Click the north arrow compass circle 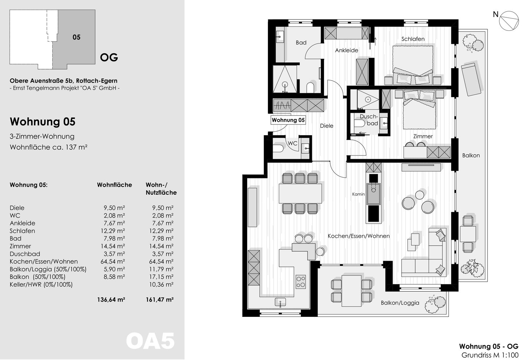tap(509, 21)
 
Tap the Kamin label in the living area tap(358, 194)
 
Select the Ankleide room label tap(347, 50)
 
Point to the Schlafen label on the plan tap(413, 39)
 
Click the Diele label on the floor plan tap(327, 126)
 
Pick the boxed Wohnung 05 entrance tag tap(288, 120)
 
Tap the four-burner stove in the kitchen tap(301, 282)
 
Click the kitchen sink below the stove tap(280, 302)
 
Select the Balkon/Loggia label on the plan tap(400, 303)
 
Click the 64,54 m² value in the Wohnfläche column tap(113, 261)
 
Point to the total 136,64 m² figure tap(111, 299)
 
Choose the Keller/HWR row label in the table tap(41, 285)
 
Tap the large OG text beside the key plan tap(109, 57)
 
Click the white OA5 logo tap(150, 341)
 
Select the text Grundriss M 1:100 tap(490, 355)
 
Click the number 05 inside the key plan tap(76, 37)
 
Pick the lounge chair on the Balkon tap(471, 79)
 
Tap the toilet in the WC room tap(278, 149)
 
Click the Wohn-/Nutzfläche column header tap(161, 189)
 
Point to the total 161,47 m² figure tap(159, 299)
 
